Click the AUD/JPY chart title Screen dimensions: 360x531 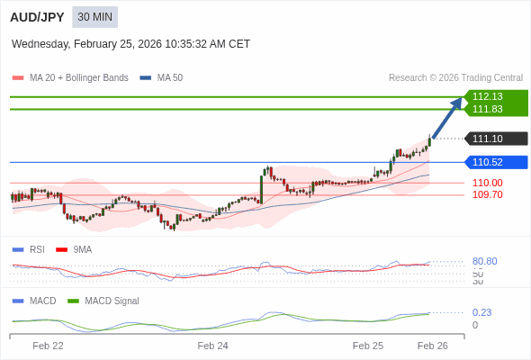tap(37, 17)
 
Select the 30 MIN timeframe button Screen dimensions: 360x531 tap(94, 17)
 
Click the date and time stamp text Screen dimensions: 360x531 tap(130, 44)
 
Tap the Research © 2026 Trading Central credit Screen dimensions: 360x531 tap(455, 78)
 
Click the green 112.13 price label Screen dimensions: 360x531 tap(495, 96)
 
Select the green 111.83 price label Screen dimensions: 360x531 tap(495, 109)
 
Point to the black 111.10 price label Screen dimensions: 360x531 tap(495, 139)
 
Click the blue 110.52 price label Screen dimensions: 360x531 tap(495, 162)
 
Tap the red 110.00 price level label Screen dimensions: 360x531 tap(487, 183)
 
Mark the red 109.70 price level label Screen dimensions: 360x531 tap(487, 194)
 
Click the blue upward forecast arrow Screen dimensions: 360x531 tap(447, 118)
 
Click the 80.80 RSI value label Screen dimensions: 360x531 tap(484, 261)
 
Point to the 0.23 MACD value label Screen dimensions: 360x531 tap(481, 312)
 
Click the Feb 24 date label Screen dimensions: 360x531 tap(213, 346)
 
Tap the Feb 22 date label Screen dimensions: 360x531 tap(48, 346)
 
